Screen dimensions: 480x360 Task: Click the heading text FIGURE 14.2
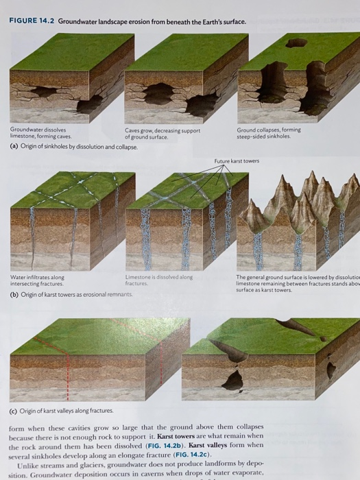click(32, 21)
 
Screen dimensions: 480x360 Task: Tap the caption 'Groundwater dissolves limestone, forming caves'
click(38, 133)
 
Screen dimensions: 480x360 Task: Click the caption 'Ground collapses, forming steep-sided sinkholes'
click(269, 133)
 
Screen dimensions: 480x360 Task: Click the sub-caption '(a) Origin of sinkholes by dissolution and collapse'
click(73, 147)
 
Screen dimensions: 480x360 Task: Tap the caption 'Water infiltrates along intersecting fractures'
click(38, 280)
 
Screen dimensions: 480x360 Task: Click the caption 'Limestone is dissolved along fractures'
click(158, 280)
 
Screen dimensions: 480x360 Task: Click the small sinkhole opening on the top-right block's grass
click(296, 43)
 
